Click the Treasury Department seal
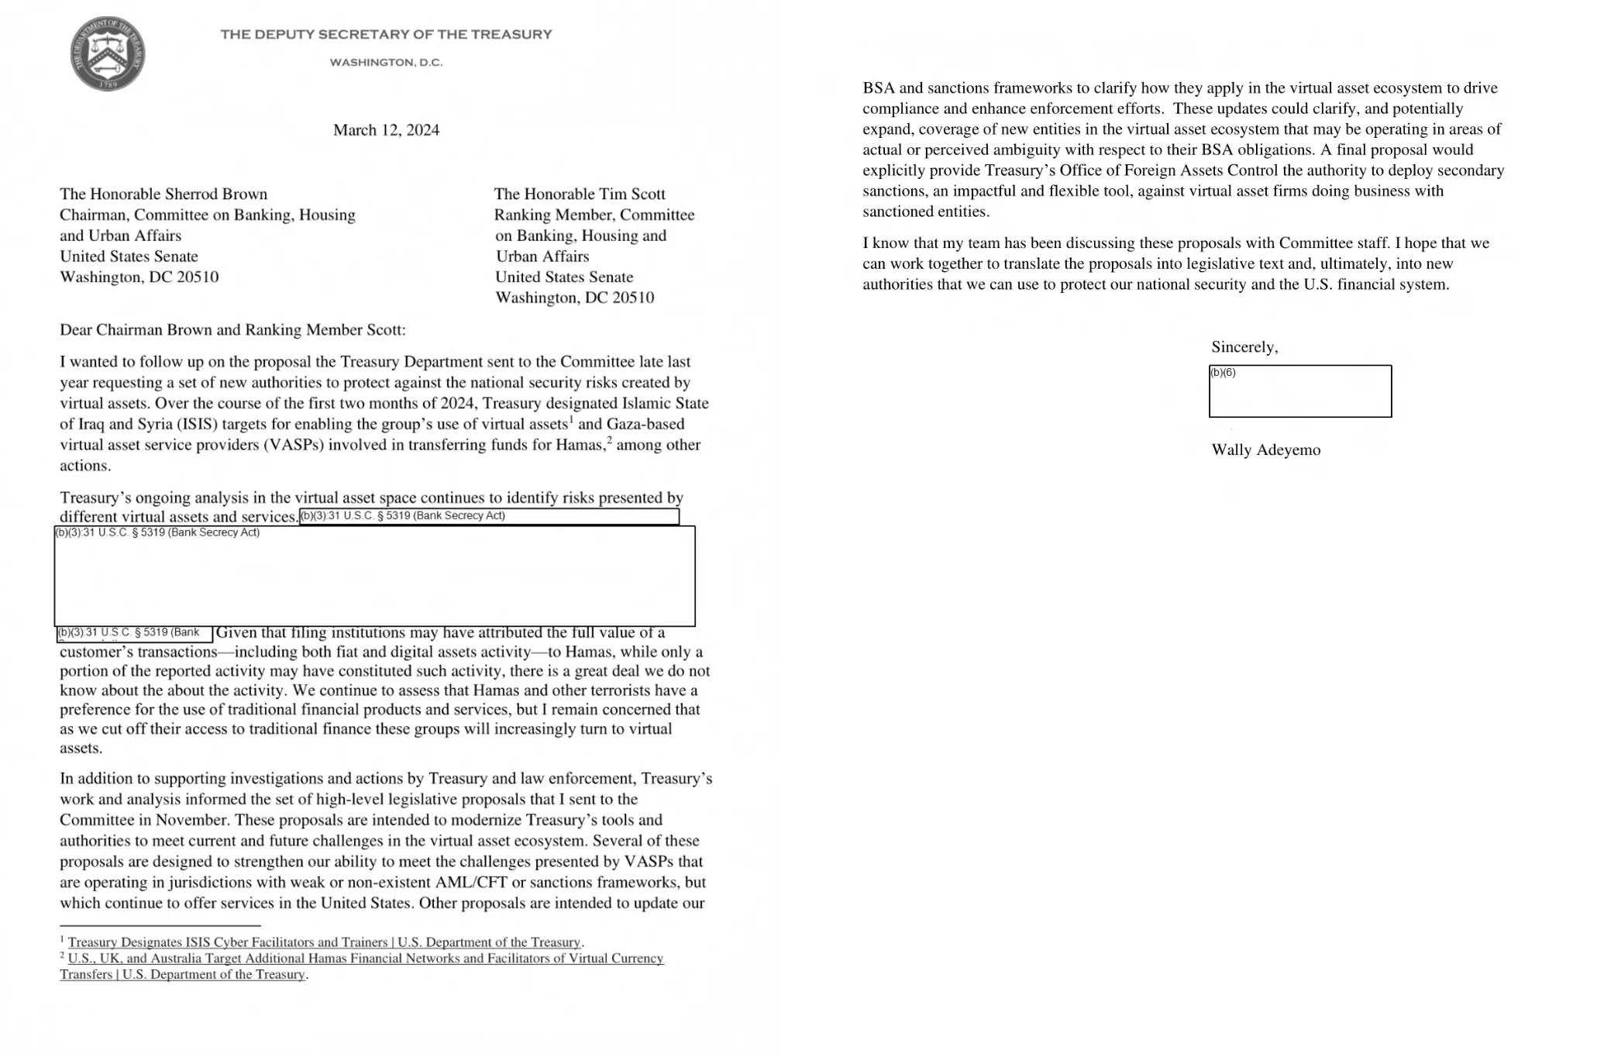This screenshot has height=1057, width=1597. (107, 53)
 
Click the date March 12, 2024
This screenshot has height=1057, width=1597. (386, 130)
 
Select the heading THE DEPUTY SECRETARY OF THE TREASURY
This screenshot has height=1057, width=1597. (386, 34)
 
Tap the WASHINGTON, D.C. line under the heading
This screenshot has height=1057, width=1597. (386, 62)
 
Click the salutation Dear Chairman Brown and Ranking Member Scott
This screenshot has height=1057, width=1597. (232, 330)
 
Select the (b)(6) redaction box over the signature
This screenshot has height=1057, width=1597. (1299, 391)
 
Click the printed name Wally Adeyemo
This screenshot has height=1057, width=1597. (1265, 450)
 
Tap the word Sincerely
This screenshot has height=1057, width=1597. (1244, 347)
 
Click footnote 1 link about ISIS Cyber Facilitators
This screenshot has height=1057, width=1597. (324, 942)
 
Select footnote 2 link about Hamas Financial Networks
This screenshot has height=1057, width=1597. (365, 959)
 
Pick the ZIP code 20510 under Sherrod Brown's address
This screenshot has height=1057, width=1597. (198, 277)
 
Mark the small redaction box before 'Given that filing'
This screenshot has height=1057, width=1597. (134, 634)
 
